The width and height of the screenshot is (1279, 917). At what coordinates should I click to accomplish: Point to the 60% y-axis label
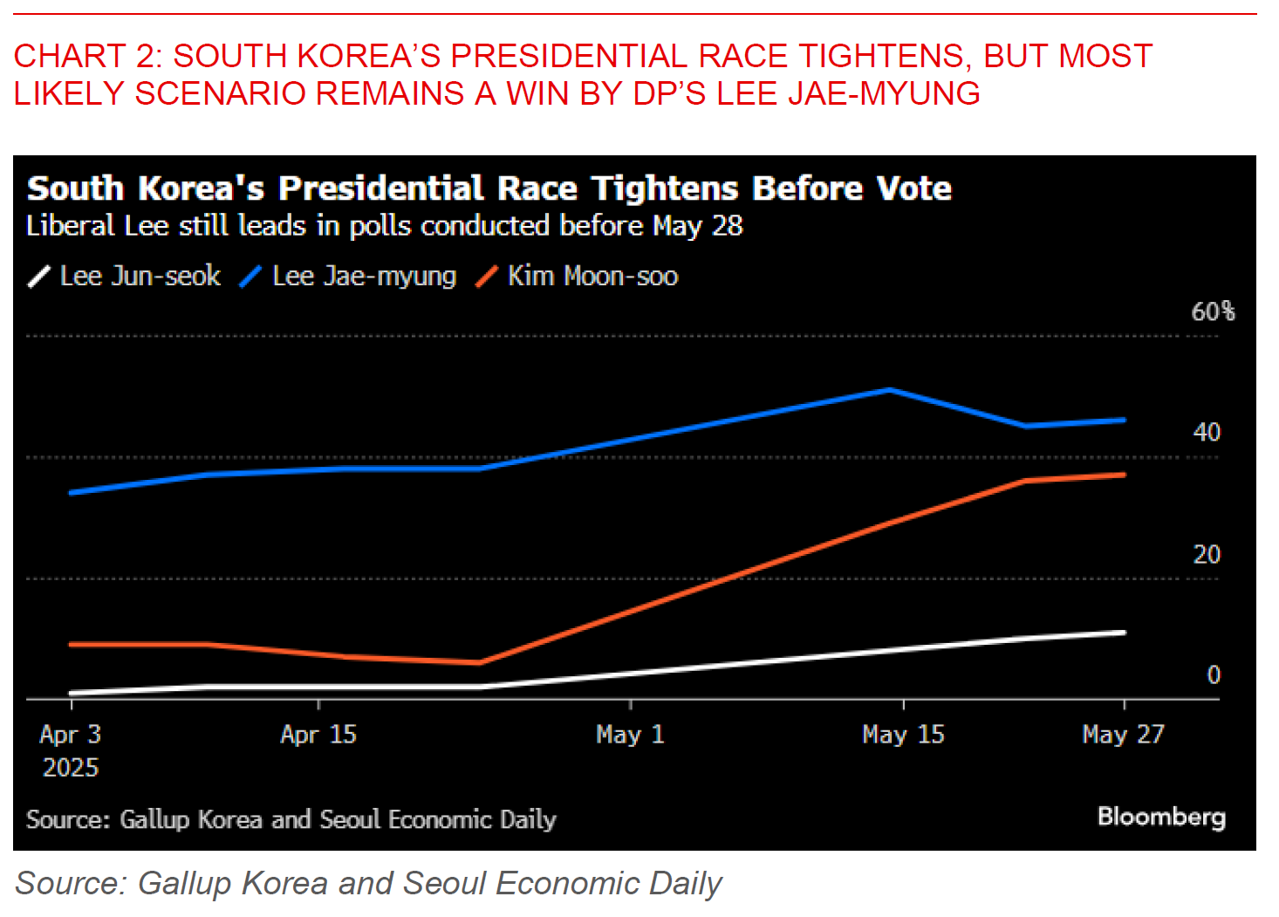(1213, 311)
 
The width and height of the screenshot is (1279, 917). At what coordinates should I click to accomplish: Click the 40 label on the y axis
(1207, 433)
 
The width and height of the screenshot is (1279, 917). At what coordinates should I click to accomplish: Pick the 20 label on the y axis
(1207, 554)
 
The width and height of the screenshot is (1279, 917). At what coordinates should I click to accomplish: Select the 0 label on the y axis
(1213, 674)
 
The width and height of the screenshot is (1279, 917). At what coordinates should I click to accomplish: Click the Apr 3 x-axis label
(71, 735)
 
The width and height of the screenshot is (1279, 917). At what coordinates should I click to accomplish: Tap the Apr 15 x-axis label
(318, 735)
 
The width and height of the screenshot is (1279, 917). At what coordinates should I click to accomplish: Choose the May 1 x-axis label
(630, 735)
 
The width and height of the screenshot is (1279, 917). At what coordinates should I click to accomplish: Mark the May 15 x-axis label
(903, 735)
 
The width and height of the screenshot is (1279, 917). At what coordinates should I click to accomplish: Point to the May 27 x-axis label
(1123, 735)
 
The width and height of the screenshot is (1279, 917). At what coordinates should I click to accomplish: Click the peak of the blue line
(889, 390)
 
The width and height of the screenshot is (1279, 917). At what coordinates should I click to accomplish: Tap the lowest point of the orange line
(480, 663)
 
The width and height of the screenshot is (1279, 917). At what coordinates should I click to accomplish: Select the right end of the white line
(1124, 633)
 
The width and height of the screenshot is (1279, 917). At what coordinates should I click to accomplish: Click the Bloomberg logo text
(1161, 817)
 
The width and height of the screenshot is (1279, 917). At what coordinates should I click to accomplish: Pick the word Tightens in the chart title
(665, 189)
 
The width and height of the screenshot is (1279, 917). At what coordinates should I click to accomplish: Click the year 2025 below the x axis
(71, 768)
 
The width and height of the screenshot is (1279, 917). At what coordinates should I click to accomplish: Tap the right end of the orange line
(1124, 475)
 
